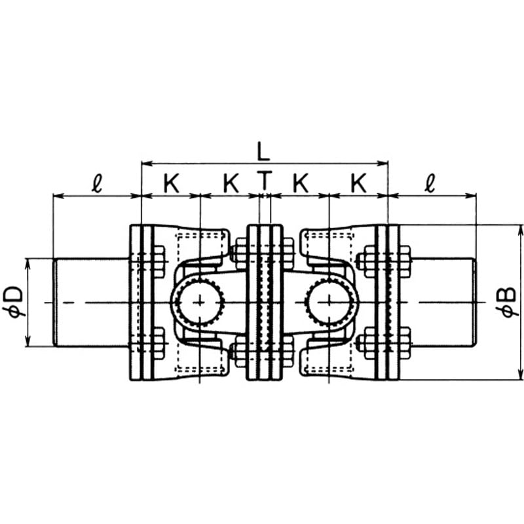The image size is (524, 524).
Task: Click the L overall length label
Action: [263, 152]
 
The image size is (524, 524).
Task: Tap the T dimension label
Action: [264, 183]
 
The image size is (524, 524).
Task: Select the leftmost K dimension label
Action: [171, 184]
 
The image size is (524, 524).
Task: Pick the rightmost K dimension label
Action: [358, 184]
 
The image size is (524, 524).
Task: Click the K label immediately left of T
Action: [230, 184]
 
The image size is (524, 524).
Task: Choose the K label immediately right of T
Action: [300, 184]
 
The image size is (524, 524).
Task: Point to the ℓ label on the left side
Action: [96, 184]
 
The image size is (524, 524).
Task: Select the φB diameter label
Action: [510, 302]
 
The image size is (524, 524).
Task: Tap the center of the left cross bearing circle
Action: [198, 302]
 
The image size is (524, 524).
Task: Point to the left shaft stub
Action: [92, 302]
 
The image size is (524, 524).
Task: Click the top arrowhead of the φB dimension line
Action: [521, 229]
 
